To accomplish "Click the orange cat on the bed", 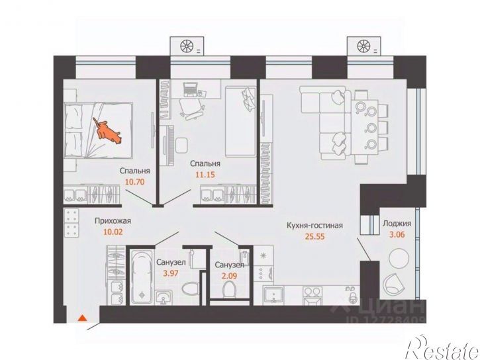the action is click(x=107, y=132).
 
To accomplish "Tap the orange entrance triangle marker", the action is click(x=82, y=318).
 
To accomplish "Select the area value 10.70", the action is click(x=134, y=182).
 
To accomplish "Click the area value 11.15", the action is click(x=205, y=175).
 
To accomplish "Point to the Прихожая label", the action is click(x=113, y=221).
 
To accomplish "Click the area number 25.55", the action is click(x=314, y=236).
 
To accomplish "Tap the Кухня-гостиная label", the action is click(x=314, y=226).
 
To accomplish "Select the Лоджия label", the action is click(x=397, y=224).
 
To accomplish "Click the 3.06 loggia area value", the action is click(x=398, y=235).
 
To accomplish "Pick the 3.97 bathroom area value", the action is click(x=171, y=273).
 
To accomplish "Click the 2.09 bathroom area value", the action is click(x=229, y=276).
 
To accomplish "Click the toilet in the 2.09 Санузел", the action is click(x=229, y=289).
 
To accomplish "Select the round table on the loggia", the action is click(x=399, y=259).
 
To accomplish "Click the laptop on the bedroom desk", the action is click(x=190, y=89).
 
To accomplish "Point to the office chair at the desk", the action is click(x=191, y=109).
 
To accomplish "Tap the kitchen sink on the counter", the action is click(x=273, y=295).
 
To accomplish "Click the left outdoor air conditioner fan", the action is click(x=187, y=46).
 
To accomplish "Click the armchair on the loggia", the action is click(x=394, y=284).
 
